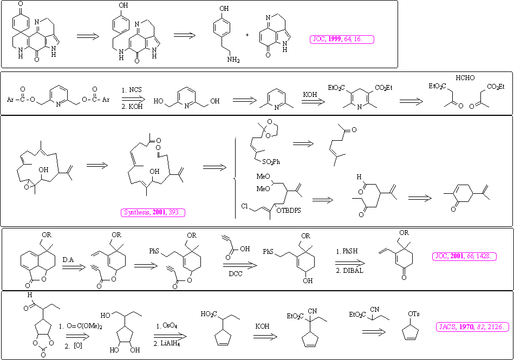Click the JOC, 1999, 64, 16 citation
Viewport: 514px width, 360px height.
click(x=342, y=39)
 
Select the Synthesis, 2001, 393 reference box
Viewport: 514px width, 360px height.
click(x=154, y=213)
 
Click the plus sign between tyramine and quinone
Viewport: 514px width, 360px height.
click(x=247, y=35)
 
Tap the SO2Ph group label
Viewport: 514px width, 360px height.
click(x=277, y=161)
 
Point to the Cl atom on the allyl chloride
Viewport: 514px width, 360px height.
click(x=245, y=206)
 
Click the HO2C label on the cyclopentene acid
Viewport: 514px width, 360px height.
click(x=209, y=314)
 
